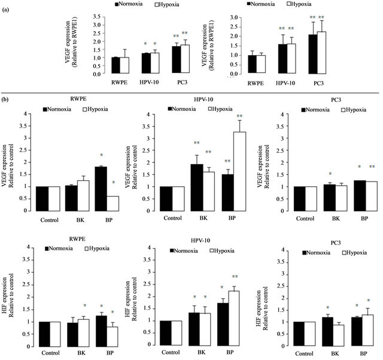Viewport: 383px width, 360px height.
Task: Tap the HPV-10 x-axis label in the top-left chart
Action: point(147,81)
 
